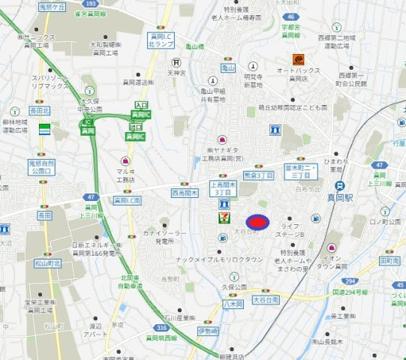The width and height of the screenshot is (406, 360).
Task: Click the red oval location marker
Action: [257, 222]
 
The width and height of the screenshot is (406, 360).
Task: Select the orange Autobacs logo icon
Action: [299, 58]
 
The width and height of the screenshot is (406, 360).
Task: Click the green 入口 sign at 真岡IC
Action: [141, 106]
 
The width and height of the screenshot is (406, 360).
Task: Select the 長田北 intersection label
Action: [39, 111]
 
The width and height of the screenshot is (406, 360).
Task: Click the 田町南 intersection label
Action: [389, 260]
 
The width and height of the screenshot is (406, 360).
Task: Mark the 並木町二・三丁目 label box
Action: [298, 170]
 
